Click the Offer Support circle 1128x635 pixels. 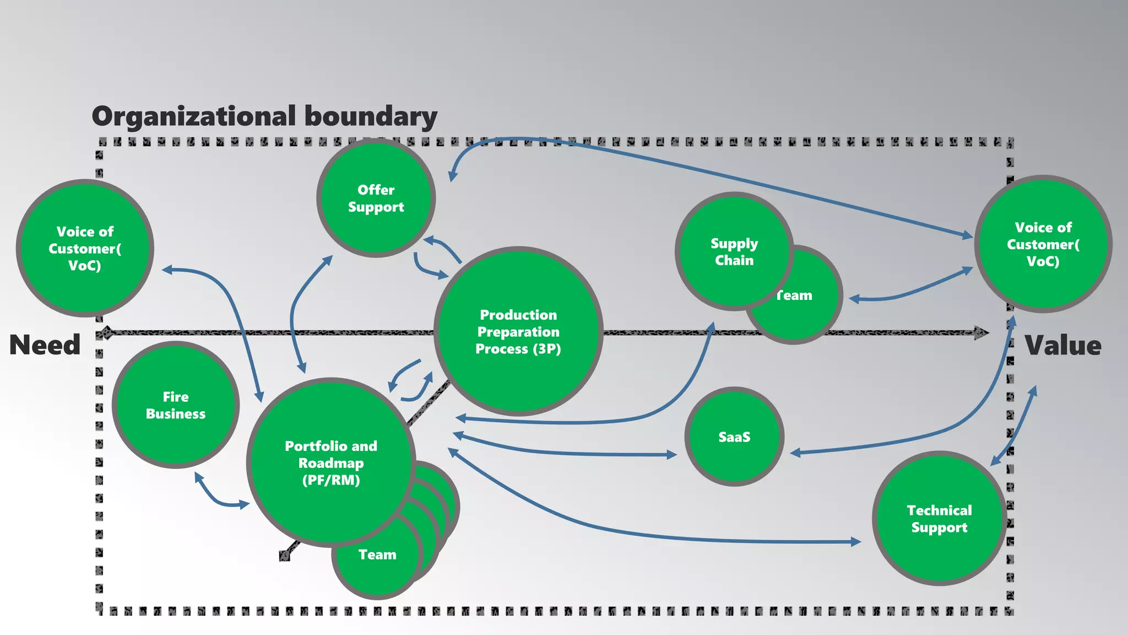pos(376,198)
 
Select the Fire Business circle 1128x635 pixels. pos(176,405)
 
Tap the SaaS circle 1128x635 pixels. pos(734,437)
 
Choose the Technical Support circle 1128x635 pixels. pos(939,519)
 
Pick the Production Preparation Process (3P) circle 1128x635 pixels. pos(518,331)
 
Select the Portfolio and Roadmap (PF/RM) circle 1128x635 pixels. pos(331,462)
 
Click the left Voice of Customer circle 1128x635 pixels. pos(85,248)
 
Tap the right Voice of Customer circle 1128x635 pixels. pos(1043,244)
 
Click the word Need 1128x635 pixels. pos(45,345)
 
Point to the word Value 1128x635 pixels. pos(1063,346)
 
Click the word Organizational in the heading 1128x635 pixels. pos(194,116)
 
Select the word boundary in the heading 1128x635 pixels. pos(371,116)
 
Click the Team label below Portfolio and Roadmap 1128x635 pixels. pos(377,555)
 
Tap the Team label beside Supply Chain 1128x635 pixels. pos(795,295)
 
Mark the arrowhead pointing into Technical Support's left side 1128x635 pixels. pos(855,542)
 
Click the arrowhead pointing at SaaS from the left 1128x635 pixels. pos(672,455)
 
